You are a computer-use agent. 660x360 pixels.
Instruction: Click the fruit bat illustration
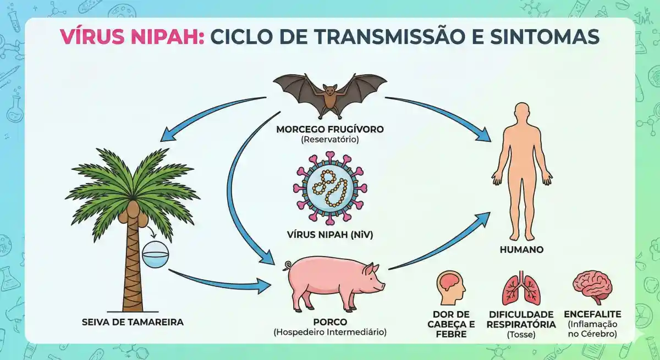pyautogui.click(x=330, y=93)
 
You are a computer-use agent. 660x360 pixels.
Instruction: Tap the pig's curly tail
pyautogui.click(x=286, y=266)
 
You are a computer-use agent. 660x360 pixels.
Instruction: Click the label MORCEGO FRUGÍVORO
pyautogui.click(x=330, y=130)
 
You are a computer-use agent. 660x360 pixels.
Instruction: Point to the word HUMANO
pyautogui.click(x=521, y=250)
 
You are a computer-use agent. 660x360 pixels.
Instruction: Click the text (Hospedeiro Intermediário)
pyautogui.click(x=330, y=332)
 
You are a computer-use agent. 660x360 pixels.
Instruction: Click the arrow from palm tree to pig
pyautogui.click(x=220, y=280)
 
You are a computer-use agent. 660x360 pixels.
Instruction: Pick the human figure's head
pyautogui.click(x=521, y=113)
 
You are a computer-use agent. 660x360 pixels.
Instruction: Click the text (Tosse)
pyautogui.click(x=521, y=334)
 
